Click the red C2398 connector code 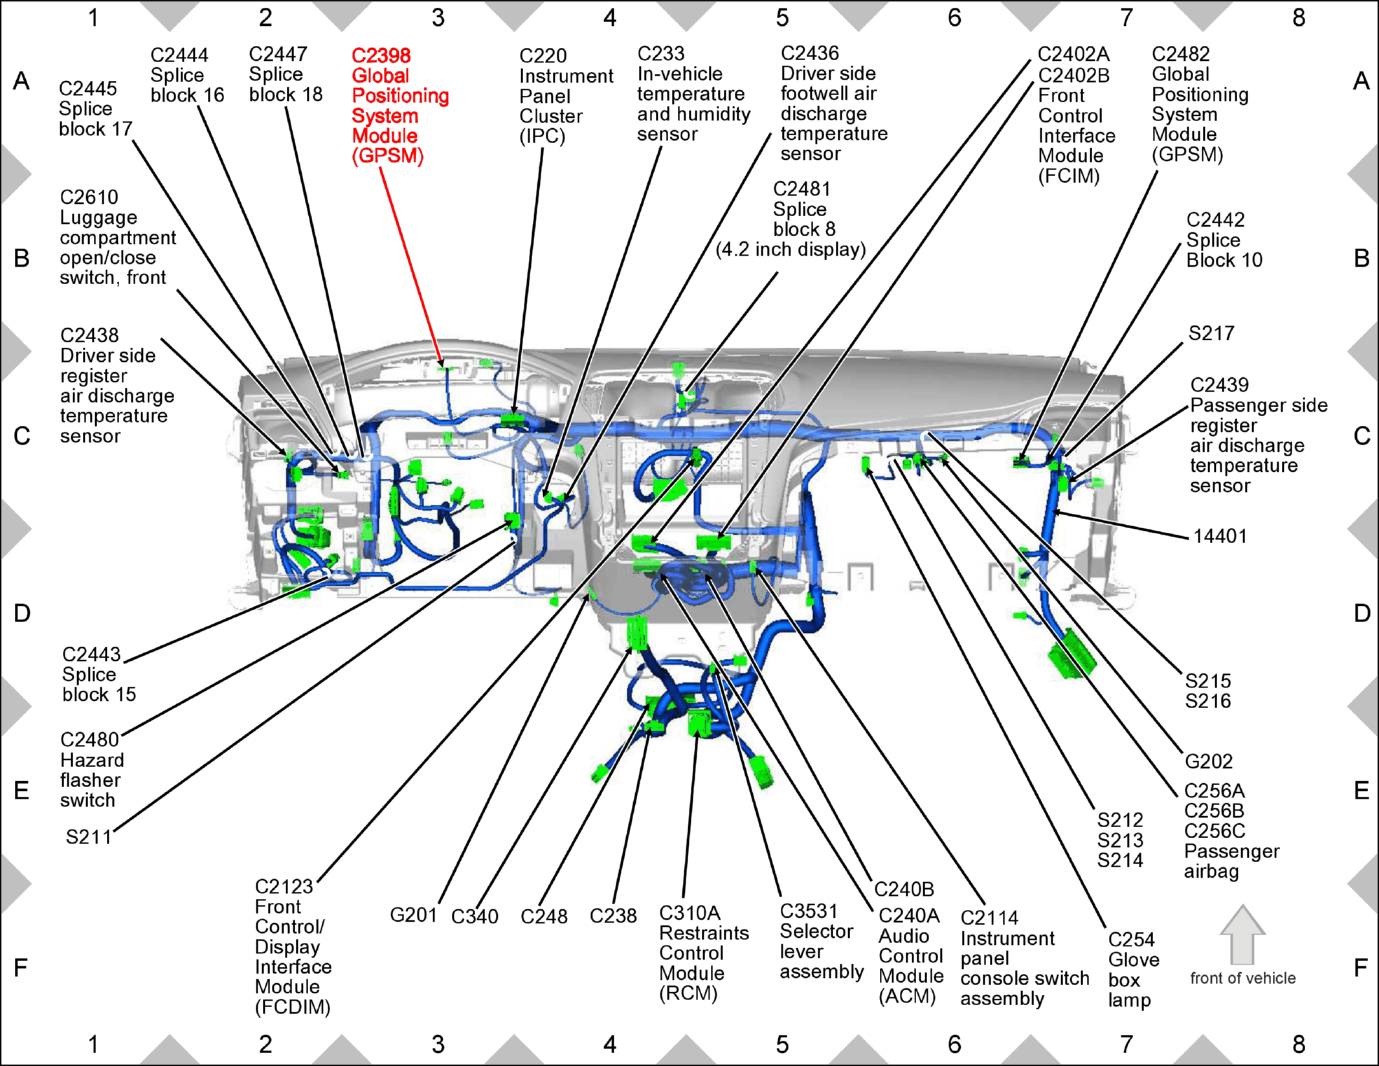pyautogui.click(x=381, y=56)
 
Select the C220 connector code pyautogui.click(x=543, y=56)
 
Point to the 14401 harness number pyautogui.click(x=1220, y=536)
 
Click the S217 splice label pyautogui.click(x=1211, y=333)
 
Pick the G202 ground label pyautogui.click(x=1209, y=761)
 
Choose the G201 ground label pyautogui.click(x=413, y=915)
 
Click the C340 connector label pyautogui.click(x=475, y=916)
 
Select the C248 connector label pyautogui.click(x=544, y=916)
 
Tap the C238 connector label pyautogui.click(x=613, y=916)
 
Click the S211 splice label pyautogui.click(x=89, y=837)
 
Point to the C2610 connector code pyautogui.click(x=89, y=197)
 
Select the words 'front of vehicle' pyautogui.click(x=1242, y=978)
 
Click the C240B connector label pyautogui.click(x=904, y=889)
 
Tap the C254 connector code pyautogui.click(x=1131, y=939)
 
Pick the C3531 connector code pyautogui.click(x=809, y=911)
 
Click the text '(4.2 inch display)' pyautogui.click(x=790, y=250)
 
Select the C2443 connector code pyautogui.click(x=91, y=654)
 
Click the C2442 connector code pyautogui.click(x=1215, y=220)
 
